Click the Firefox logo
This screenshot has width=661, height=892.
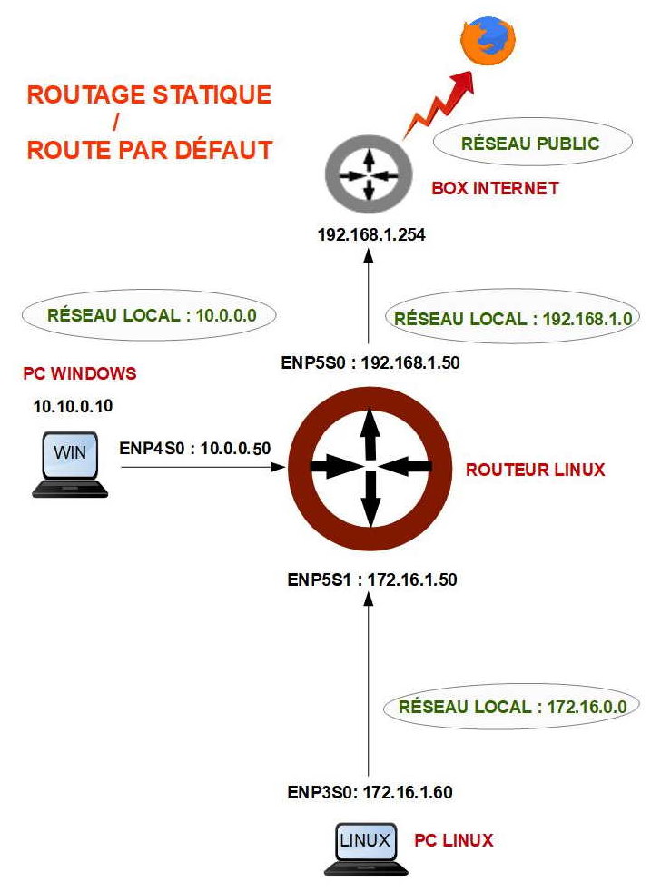point(488,40)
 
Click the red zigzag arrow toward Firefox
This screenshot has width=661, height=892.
point(439,106)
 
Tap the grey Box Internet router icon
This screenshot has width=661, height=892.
point(369,175)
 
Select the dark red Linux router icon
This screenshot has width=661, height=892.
point(370,468)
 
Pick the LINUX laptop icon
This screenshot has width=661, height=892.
point(366,848)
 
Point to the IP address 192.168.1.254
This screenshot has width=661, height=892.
point(370,234)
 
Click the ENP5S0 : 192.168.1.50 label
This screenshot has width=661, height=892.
point(370,362)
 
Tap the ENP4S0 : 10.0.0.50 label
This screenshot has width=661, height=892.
point(195,449)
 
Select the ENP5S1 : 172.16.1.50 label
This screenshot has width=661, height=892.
point(372,580)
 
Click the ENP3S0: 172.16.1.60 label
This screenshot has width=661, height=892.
point(370,792)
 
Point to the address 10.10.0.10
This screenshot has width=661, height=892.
point(73,406)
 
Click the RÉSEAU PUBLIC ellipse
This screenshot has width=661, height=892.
point(532,142)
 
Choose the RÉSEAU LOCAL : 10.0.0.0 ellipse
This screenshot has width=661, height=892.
point(149,314)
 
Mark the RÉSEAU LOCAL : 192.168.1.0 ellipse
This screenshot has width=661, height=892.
point(513,317)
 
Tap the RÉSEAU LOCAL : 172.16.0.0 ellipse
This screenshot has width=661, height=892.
point(512,707)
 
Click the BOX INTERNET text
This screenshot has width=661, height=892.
point(495,188)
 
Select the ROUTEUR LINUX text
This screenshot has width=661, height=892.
point(536,470)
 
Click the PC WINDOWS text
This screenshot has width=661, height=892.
point(80,373)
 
